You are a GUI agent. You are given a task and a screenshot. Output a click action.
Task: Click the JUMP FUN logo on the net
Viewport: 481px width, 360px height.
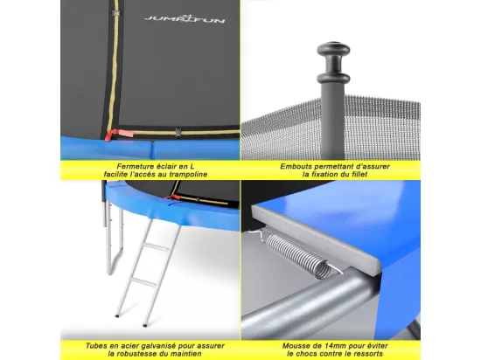pos(185,19)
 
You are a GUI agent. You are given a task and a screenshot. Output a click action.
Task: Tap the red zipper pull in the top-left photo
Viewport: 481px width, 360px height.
pos(119,135)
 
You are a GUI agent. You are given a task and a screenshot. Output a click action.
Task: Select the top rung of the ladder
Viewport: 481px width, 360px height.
pos(157,246)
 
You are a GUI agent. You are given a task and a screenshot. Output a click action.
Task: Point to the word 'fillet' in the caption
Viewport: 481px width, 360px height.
pos(359,175)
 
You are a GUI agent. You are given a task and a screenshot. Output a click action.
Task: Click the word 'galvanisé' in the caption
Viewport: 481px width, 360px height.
pos(154,346)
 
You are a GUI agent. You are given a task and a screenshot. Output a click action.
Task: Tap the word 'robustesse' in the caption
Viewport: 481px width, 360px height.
pos(142,354)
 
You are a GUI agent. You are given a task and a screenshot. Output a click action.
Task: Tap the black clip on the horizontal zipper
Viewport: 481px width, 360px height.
pos(178,133)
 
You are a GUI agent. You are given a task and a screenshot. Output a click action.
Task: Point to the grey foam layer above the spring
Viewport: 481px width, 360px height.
pos(316,239)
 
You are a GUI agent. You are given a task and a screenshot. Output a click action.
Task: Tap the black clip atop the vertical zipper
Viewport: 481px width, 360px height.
pos(116,13)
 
